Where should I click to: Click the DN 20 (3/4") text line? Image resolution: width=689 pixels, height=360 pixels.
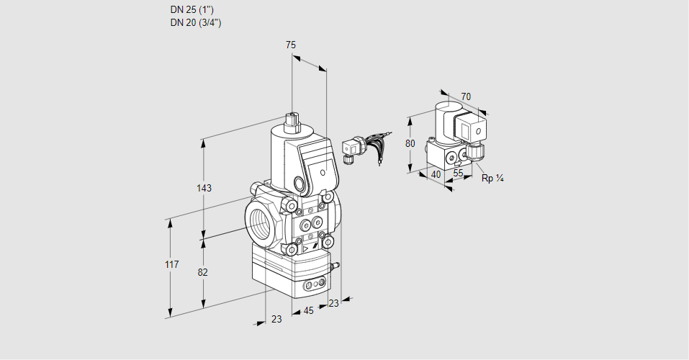click(x=195, y=23)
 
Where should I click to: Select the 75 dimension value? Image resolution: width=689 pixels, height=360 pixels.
click(x=291, y=45)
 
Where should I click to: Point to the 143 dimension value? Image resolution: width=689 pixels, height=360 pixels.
click(x=204, y=189)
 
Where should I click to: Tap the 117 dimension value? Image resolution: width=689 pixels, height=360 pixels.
click(x=171, y=265)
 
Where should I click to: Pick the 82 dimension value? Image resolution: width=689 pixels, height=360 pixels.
click(x=203, y=272)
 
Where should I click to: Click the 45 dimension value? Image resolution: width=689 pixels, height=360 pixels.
click(x=308, y=311)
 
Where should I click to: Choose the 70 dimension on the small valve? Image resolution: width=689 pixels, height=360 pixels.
click(x=466, y=96)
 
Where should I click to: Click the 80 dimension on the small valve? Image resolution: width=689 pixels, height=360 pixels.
click(x=410, y=143)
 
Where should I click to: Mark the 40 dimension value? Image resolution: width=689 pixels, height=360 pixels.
click(x=435, y=174)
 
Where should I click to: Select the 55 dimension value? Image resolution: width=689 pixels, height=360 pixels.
click(x=458, y=174)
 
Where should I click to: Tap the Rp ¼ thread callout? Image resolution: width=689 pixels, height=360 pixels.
click(x=492, y=178)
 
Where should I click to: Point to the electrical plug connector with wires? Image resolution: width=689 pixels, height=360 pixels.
click(x=353, y=148)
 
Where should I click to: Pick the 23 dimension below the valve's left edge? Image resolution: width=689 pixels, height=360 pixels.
click(x=276, y=319)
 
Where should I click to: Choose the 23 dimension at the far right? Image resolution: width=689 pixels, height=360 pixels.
click(x=333, y=303)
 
